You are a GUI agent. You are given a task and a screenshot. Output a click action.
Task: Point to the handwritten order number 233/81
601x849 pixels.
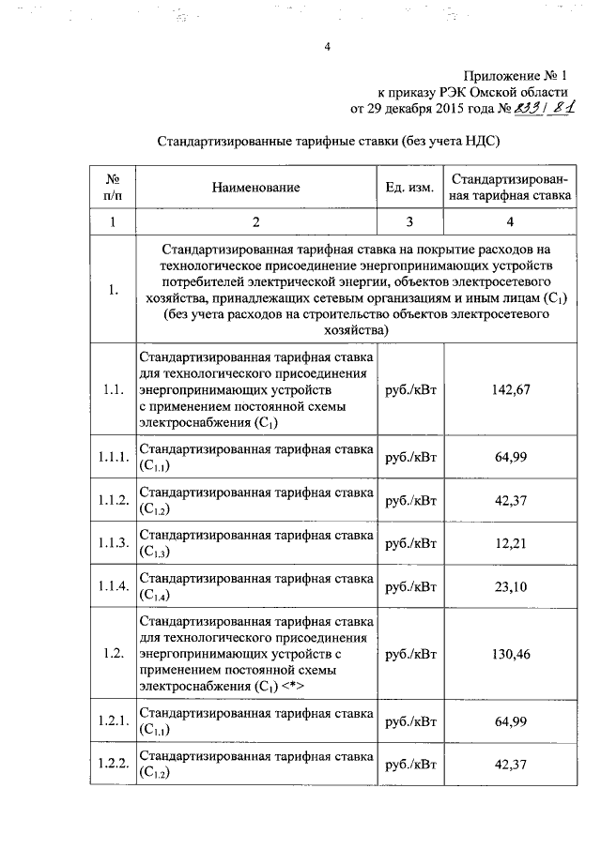click(x=545, y=110)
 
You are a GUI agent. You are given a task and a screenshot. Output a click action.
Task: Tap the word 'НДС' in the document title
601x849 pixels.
click(x=474, y=141)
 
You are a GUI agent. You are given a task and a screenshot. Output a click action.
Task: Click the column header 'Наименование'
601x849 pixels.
click(x=255, y=188)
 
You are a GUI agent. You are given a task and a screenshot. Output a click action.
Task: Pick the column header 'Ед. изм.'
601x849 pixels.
click(x=408, y=188)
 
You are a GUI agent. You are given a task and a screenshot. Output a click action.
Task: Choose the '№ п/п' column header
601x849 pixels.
click(x=112, y=188)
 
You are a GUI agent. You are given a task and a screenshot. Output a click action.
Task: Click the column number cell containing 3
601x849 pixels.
click(x=408, y=222)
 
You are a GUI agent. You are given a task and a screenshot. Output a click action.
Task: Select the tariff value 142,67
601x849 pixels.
click(x=510, y=389)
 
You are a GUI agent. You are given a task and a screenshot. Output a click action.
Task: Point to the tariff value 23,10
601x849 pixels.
click(x=510, y=587)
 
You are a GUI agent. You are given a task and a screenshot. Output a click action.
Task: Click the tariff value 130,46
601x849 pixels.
click(x=510, y=654)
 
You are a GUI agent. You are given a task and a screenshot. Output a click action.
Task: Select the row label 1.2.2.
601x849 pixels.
click(x=112, y=765)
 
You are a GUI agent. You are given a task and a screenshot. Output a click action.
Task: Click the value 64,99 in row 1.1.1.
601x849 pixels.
click(x=510, y=457)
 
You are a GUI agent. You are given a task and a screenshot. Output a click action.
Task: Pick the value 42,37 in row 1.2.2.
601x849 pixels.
click(x=510, y=765)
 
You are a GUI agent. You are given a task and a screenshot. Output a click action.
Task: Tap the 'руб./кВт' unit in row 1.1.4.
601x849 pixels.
click(x=408, y=587)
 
